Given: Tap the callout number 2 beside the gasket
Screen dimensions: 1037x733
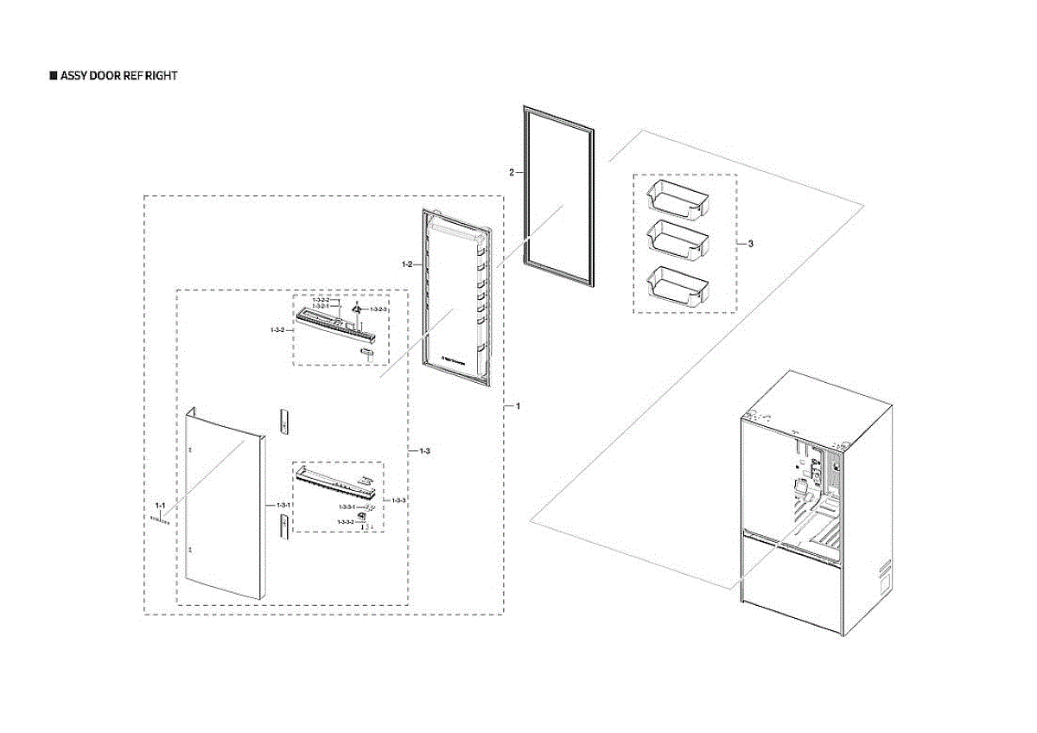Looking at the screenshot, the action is (511, 173).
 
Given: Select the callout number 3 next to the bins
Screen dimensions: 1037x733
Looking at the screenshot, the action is (750, 245).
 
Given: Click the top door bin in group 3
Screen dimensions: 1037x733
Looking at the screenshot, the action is (678, 198).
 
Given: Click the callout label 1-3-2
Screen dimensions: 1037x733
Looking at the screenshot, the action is (277, 330).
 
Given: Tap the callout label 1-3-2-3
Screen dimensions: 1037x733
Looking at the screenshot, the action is (379, 309).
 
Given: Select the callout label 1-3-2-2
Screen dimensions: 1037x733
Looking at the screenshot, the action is (321, 300).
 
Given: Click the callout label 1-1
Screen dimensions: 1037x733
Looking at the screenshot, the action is (160, 504).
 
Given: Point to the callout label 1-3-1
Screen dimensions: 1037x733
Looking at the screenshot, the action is (283, 504).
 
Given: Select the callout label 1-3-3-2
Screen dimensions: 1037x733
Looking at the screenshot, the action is (346, 522).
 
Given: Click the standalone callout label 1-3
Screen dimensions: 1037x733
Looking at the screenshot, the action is (424, 452).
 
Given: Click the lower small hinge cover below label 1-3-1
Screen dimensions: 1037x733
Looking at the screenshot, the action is (283, 526).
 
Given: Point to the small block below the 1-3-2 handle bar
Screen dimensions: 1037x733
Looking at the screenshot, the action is (366, 352).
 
